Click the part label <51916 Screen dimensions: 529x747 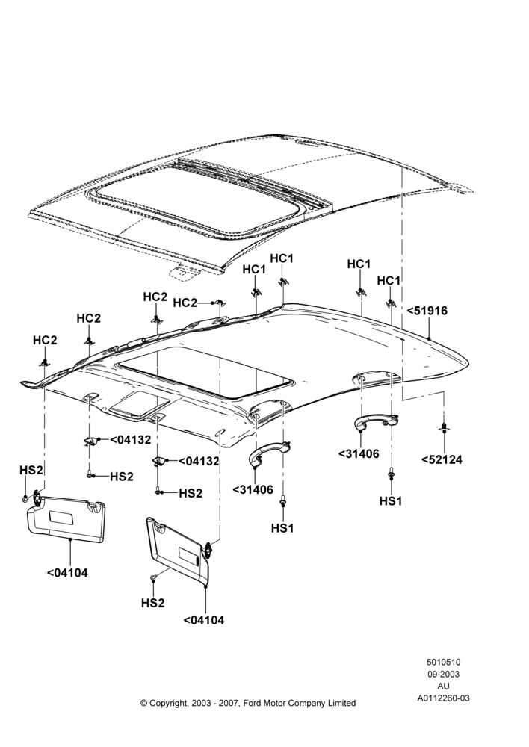[x=427, y=311]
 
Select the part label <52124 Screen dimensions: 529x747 [x=442, y=459]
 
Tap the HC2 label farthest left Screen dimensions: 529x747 [x=45, y=340]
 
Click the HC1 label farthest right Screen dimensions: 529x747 [x=389, y=281]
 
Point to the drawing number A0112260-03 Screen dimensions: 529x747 [x=443, y=698]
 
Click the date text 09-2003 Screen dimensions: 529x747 [x=443, y=674]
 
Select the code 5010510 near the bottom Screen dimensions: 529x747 [x=443, y=662]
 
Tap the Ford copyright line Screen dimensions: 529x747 [x=248, y=703]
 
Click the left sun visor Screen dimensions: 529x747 [x=66, y=518]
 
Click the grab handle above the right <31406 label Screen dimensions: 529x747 [x=376, y=421]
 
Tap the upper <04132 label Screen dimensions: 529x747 [x=130, y=440]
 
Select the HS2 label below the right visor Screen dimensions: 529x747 [x=152, y=603]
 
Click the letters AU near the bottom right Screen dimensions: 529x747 [x=443, y=686]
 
